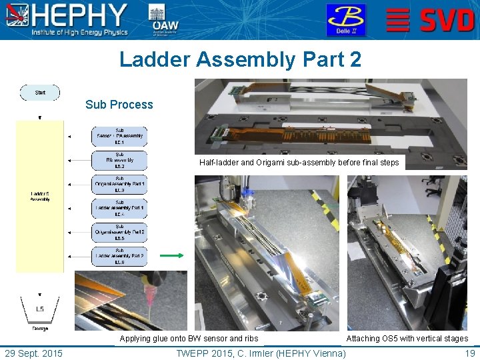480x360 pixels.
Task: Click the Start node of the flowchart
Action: click(40, 93)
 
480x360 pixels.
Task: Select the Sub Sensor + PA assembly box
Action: click(119, 137)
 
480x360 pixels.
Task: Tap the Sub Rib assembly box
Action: click(119, 160)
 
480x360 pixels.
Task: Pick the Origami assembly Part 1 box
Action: click(119, 184)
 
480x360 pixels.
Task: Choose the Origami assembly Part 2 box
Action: click(119, 232)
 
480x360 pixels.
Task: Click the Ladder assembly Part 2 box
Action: click(119, 256)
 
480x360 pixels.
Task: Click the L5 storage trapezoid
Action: click(40, 309)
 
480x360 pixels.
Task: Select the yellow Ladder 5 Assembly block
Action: click(39, 196)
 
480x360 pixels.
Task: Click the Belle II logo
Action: click(345, 20)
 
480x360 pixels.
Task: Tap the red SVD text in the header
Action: click(447, 21)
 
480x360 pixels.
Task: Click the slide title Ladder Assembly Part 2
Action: click(240, 59)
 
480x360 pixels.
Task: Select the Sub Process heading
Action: click(119, 105)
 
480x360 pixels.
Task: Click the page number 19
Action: click(469, 353)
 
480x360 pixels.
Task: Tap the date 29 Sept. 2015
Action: click(33, 353)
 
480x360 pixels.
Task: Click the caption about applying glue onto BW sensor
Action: click(189, 339)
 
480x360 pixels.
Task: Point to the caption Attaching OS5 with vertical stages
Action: click(407, 339)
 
